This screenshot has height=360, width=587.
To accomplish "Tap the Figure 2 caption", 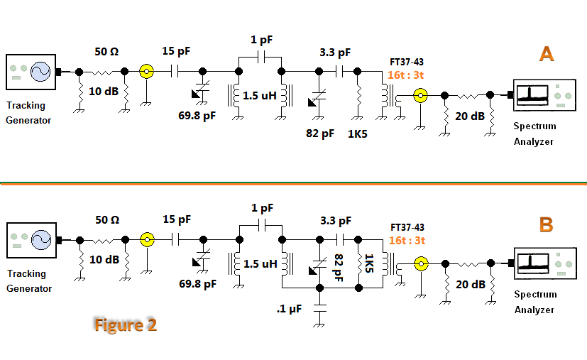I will click(x=125, y=324).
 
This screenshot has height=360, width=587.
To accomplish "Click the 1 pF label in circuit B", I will click(x=262, y=208).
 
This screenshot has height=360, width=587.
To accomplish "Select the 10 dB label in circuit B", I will click(x=103, y=260).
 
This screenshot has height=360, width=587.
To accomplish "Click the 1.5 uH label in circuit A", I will click(x=260, y=95).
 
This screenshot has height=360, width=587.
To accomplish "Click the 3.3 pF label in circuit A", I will click(x=336, y=52).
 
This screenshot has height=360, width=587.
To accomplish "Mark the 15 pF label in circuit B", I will click(x=177, y=219).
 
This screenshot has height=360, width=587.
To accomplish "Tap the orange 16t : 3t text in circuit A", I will click(x=407, y=75).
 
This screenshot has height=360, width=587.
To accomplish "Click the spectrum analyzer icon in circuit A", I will click(x=539, y=94).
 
